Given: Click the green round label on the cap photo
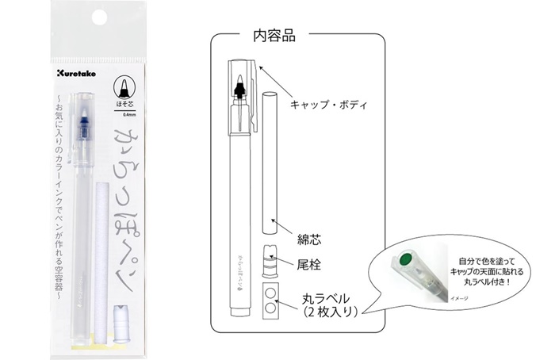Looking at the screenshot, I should [x=406, y=258].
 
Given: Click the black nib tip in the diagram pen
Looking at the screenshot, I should [x=239, y=86].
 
